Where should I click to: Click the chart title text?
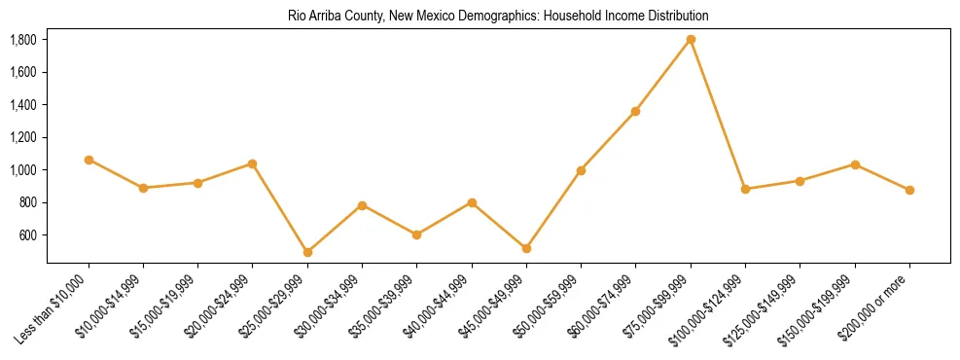[498, 17]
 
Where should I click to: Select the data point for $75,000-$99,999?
[691, 40]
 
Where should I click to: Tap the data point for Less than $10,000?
[89, 160]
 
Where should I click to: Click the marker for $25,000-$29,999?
[307, 252]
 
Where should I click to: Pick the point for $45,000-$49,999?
[526, 249]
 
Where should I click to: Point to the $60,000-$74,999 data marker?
[635, 111]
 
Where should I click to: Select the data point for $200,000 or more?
[909, 190]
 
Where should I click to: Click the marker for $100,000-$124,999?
[745, 189]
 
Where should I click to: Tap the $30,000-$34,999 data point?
[362, 205]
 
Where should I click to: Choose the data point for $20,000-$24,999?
[253, 163]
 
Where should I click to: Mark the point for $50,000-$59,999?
[581, 170]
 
